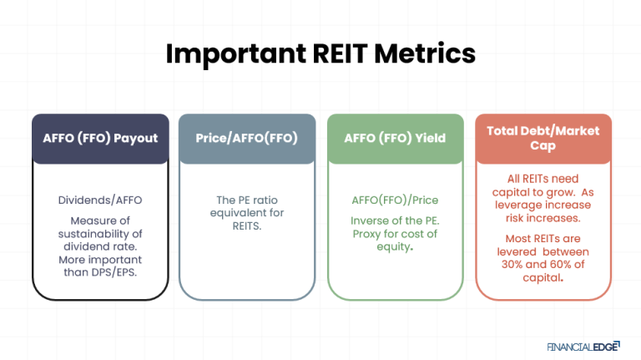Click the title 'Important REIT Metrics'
pyautogui.click(x=320, y=53)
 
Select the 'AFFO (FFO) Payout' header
pyautogui.click(x=100, y=137)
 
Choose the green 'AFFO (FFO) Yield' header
pyautogui.click(x=395, y=137)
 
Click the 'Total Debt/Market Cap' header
pyautogui.click(x=543, y=137)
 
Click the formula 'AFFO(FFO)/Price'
pyautogui.click(x=395, y=201)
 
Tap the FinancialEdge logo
pyautogui.click(x=583, y=343)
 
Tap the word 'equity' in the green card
pyautogui.click(x=392, y=249)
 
